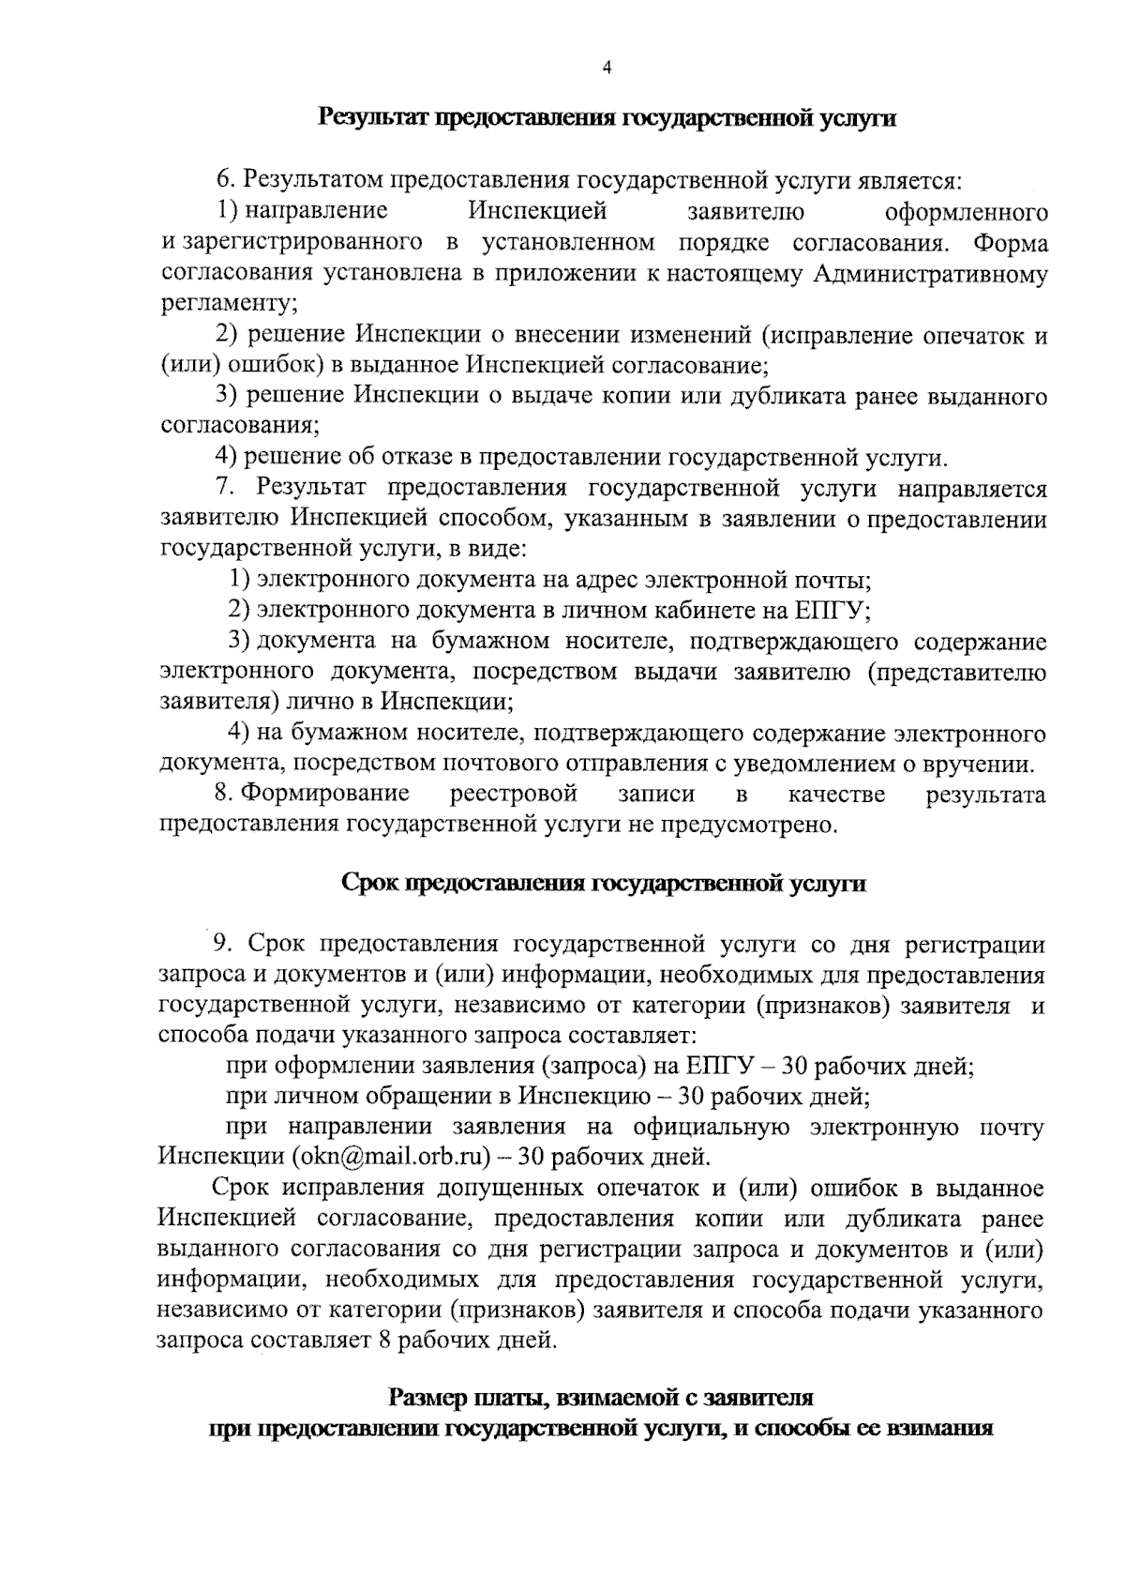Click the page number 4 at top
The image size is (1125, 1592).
coord(607,68)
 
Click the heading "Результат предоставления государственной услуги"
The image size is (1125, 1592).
coord(607,118)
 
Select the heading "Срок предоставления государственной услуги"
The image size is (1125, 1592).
coord(602,884)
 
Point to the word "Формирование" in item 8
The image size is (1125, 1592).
coord(324,794)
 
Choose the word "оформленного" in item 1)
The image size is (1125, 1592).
coord(967,212)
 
